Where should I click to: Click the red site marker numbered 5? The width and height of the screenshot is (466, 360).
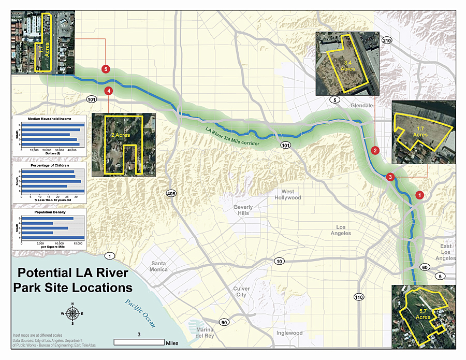pos(106,68)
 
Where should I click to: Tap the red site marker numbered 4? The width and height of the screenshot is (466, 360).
pos(108,91)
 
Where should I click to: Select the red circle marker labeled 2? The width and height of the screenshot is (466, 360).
pos(375,150)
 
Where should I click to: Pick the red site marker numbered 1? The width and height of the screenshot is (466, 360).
pos(419,195)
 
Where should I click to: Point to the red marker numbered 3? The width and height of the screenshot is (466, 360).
pos(390,177)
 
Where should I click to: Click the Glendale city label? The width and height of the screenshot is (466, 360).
pos(361,105)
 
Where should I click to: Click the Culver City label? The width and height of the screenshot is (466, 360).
pos(241,292)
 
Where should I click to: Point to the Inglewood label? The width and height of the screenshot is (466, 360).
pos(289,333)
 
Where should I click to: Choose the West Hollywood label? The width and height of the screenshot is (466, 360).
pos(288,195)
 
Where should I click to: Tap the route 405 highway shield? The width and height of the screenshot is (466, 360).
pos(171,194)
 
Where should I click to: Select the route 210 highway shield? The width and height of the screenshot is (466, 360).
pos(387,40)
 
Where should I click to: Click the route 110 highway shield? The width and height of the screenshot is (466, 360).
pos(358,297)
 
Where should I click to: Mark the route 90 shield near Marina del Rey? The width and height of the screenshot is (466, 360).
pos(224,323)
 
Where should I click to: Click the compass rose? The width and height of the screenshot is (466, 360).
pos(73,313)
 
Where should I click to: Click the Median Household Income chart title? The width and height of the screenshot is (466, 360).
pos(49,119)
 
